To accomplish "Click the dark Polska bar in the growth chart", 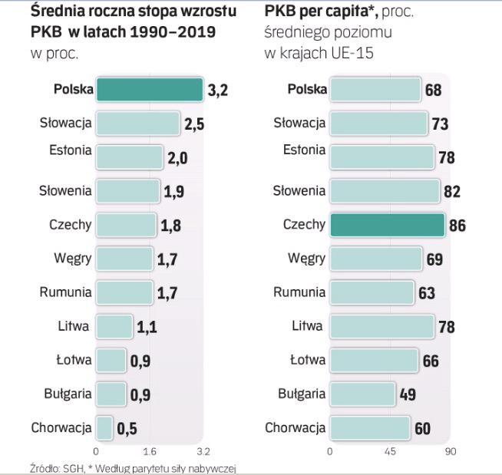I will click(149, 90).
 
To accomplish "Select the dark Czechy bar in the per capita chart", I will click(387, 225).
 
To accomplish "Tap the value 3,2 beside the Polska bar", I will click(218, 91).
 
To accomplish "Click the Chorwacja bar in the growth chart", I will click(104, 428).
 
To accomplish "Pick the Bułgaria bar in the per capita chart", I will click(362, 394).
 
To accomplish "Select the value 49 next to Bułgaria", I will click(408, 395).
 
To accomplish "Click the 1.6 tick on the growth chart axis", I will click(150, 451).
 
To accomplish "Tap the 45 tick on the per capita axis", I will click(390, 451).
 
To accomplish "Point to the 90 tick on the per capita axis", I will click(450, 451).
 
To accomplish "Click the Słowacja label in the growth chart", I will click(66, 123).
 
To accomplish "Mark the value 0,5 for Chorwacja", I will click(127, 430).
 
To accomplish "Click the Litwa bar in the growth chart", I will click(114, 326).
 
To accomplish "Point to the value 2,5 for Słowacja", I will click(194, 124).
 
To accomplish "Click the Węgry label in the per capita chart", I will click(306, 259).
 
